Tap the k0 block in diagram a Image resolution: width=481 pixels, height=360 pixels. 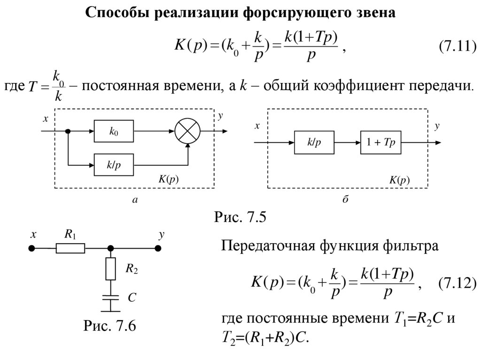(114, 132)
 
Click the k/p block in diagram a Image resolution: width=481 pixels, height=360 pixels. (114, 165)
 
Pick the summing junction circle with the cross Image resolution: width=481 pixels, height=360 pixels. (187, 132)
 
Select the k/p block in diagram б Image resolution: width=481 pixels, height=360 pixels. (314, 142)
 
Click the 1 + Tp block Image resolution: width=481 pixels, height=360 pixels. (381, 142)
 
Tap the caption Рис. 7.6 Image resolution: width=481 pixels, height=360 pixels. (109, 325)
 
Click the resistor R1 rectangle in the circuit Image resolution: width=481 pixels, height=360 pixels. (70, 248)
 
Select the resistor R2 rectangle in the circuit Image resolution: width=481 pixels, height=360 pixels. (111, 268)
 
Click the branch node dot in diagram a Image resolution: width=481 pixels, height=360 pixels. (68, 132)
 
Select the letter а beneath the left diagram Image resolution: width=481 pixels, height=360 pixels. (135, 200)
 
